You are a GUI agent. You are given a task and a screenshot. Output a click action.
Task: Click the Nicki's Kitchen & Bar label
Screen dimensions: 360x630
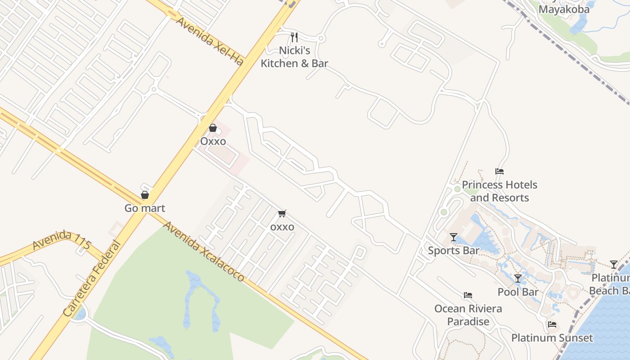(294, 57)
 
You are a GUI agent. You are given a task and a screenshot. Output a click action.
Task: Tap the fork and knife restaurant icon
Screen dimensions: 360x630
(294, 37)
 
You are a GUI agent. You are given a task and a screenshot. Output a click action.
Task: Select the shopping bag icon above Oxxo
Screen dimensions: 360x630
(213, 128)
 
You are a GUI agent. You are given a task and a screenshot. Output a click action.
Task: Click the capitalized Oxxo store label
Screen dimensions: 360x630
(213, 141)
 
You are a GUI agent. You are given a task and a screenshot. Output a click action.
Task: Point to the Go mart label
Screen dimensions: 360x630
(145, 208)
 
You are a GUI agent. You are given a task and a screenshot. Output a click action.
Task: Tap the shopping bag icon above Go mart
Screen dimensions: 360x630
(145, 195)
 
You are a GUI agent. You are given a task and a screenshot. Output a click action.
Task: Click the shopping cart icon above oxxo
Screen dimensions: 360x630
(282, 213)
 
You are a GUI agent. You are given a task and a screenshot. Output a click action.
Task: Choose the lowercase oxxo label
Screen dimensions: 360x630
(282, 227)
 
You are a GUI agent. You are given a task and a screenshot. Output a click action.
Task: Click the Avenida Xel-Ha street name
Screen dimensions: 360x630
(209, 41)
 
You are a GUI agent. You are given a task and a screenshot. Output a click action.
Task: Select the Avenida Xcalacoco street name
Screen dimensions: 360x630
(204, 251)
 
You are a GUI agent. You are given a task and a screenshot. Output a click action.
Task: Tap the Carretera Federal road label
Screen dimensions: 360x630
(92, 279)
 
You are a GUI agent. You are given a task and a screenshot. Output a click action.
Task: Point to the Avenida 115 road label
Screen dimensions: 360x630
(62, 241)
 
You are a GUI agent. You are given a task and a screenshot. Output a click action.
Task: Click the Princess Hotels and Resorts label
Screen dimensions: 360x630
(499, 191)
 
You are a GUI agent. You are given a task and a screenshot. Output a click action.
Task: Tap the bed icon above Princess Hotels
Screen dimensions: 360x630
(499, 171)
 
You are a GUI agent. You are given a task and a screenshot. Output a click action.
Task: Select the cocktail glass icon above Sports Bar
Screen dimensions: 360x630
(454, 237)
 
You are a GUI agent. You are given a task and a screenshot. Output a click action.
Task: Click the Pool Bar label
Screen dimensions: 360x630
(518, 292)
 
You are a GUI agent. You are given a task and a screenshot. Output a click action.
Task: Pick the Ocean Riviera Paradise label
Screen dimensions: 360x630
(468, 315)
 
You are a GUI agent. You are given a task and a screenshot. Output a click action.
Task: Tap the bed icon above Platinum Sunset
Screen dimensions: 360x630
(552, 324)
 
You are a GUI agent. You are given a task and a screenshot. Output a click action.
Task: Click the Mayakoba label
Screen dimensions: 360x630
(564, 9)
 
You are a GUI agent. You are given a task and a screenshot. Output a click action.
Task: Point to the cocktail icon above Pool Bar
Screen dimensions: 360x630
(518, 279)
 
